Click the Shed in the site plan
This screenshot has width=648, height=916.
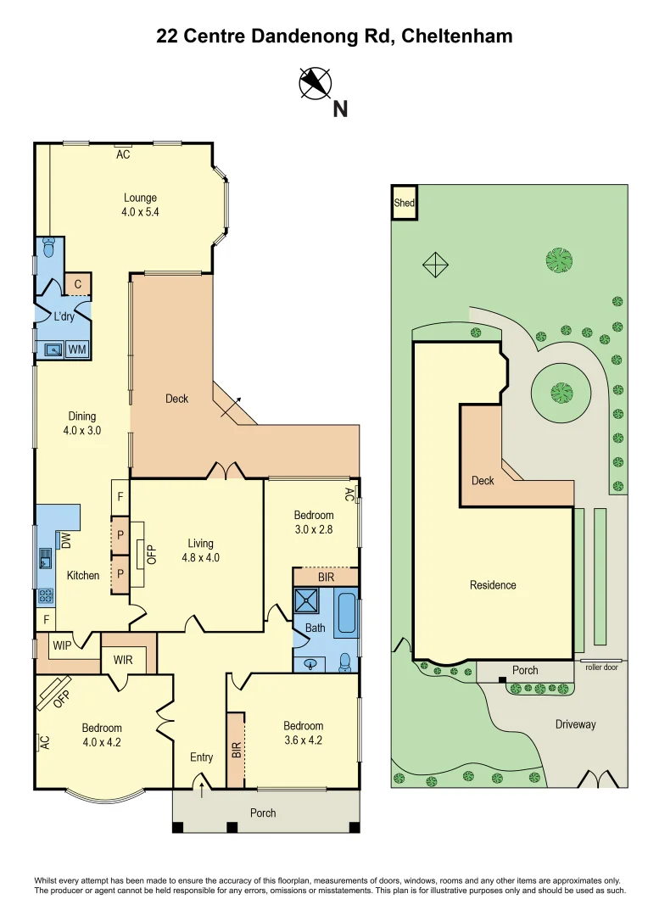coord(404,203)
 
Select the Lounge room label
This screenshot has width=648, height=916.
coord(140,198)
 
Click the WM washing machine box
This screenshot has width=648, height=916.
coord(77,349)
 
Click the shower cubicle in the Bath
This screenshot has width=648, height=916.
coord(305,602)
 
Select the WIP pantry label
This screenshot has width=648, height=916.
coord(62,645)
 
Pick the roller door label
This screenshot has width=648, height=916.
coord(601,667)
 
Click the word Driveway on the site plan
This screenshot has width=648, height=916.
coord(576,724)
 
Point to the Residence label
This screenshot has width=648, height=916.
coord(494,585)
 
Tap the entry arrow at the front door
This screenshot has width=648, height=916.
coord(201,790)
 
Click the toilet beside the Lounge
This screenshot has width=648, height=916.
coord(47,248)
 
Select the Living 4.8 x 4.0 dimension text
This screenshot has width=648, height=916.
coord(201,557)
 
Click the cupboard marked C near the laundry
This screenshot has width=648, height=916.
coord(77,285)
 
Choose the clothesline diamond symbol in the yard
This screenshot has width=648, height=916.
coord(435,265)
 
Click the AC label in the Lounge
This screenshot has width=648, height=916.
coord(123,154)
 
